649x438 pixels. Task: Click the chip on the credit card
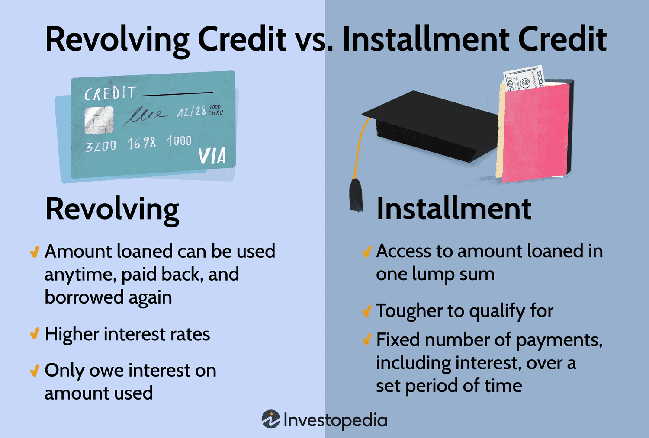99,120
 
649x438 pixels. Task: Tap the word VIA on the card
212,156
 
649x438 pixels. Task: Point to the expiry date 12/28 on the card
191,112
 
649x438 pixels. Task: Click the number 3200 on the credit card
100,147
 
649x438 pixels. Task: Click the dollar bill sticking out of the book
523,79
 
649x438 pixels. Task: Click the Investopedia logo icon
271,419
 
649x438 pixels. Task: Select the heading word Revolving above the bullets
112,210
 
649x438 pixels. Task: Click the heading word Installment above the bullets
454,209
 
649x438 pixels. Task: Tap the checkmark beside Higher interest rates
35,334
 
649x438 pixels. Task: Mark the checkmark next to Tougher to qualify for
366,311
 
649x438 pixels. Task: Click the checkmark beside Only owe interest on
35,371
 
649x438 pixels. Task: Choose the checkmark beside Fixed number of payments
366,340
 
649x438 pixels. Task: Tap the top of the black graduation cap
428,117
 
